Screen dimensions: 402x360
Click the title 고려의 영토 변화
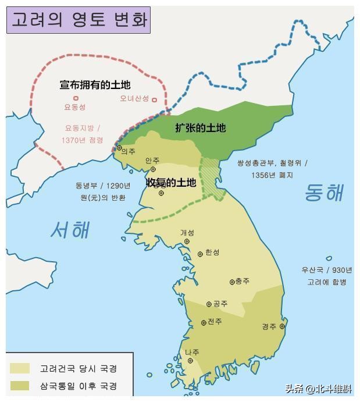pyautogui.click(x=79, y=20)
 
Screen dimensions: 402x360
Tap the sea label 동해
pyautogui.click(x=324, y=193)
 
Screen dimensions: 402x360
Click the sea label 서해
pyautogui.click(x=70, y=230)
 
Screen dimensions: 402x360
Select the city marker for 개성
pyautogui.click(x=187, y=241)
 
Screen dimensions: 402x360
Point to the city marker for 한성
pyautogui.click(x=201, y=254)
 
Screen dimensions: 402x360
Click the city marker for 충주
pyautogui.click(x=231, y=282)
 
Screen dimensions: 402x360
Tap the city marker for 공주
pyautogui.click(x=209, y=304)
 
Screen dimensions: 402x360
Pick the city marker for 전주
pyautogui.click(x=204, y=322)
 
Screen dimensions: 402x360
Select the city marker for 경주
pyautogui.click(x=282, y=326)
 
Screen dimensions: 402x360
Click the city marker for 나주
pyautogui.click(x=190, y=361)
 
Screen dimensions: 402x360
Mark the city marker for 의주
pyautogui.click(x=119, y=148)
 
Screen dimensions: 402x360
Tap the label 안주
pyautogui.click(x=152, y=160)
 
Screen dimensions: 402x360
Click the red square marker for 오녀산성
pyautogui.click(x=154, y=99)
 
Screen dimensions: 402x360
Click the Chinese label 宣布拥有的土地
pyautogui.click(x=95, y=85)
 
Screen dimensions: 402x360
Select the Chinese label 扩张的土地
pyautogui.click(x=200, y=128)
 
